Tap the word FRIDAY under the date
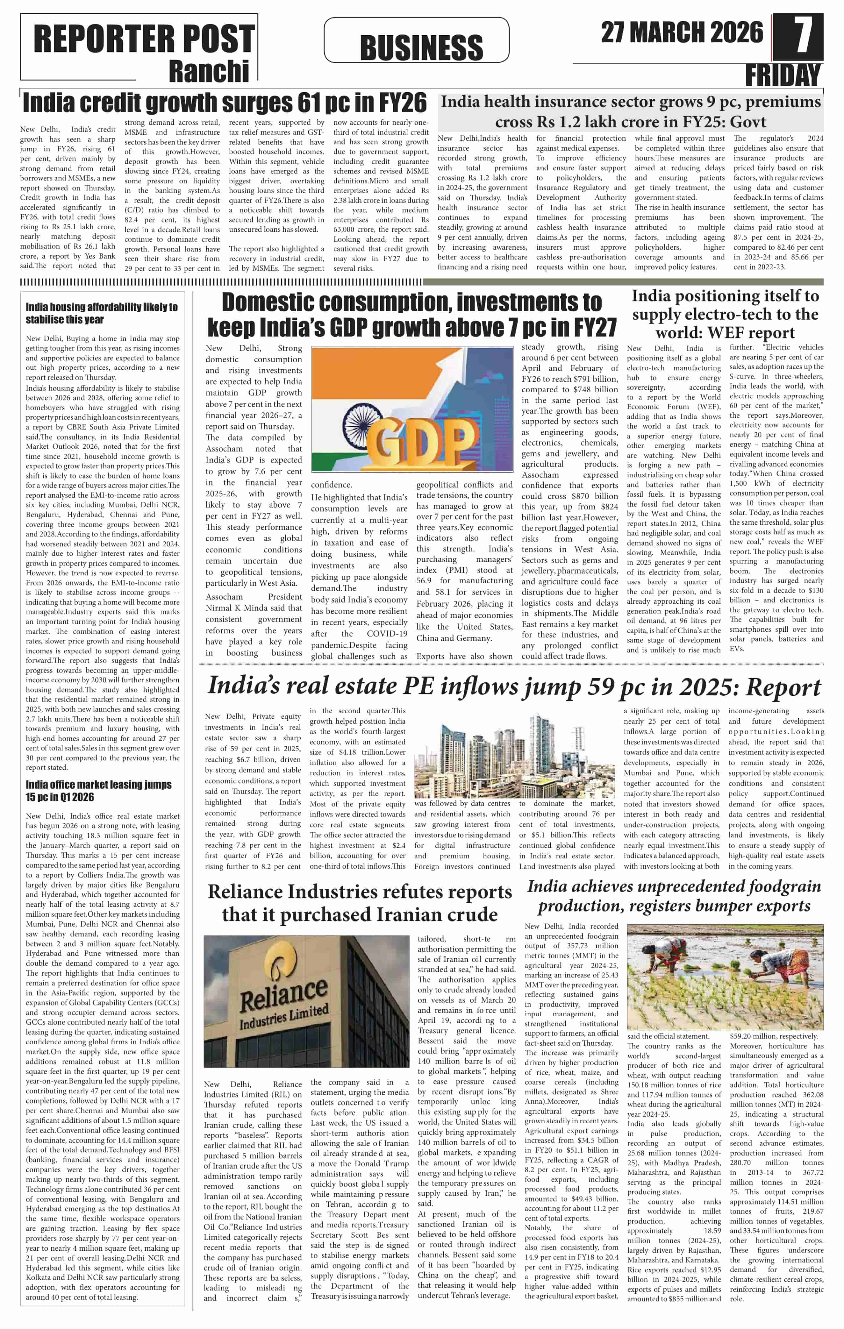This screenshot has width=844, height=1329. pyautogui.click(x=783, y=75)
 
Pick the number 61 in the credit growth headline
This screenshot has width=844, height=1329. pyautogui.click(x=309, y=103)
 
